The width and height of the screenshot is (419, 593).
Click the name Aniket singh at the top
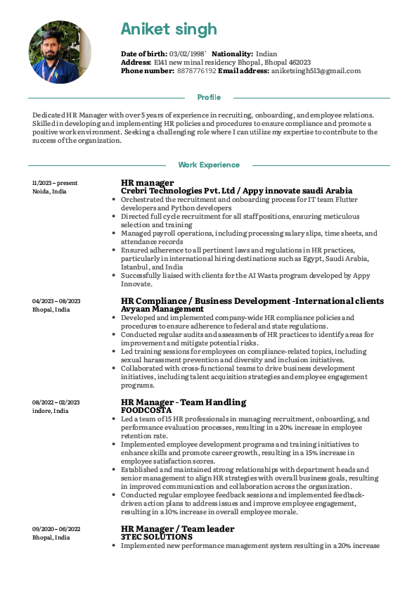pos(169,29)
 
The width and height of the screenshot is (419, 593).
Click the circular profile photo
pos(60,52)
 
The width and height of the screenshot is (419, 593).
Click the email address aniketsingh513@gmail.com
pos(316,70)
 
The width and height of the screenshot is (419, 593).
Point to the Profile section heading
pos(209,97)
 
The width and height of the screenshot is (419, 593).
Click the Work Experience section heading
pos(209,165)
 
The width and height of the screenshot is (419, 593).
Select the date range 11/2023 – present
pos(55,183)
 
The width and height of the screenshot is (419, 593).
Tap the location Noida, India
pos(50,191)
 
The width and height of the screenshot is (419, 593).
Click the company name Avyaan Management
pos(162,309)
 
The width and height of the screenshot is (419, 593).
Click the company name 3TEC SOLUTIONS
pos(157,537)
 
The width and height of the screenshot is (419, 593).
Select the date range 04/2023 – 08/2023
pos(56,301)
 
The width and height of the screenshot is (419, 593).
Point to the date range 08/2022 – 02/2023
pos(56,402)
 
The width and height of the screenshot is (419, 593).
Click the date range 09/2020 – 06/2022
pos(56,529)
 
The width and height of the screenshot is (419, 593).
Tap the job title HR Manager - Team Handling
pos(183,402)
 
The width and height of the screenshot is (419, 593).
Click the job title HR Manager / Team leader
pos(178,529)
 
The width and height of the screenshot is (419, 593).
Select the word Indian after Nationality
pos(266,53)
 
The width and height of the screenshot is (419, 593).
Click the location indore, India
pos(51,411)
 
